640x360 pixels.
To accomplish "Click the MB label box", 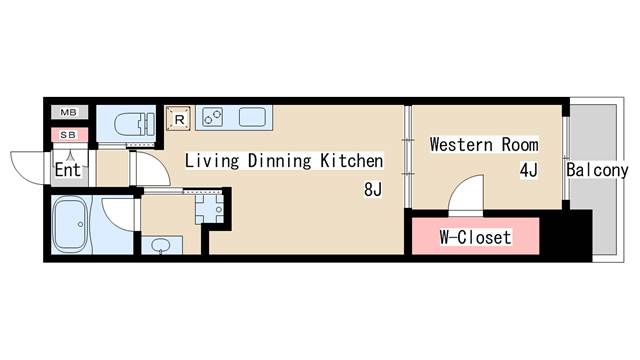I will pos(68,113).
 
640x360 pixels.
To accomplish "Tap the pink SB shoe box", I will pos(68,134).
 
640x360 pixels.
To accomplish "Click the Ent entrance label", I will pos(68,169).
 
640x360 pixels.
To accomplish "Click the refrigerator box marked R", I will pos(180,119).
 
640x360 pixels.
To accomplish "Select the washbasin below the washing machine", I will pos(161,243).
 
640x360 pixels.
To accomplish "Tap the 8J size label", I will pos(372,189).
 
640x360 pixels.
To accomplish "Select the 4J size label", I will pos(528,170).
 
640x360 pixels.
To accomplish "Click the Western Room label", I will pos(483,145).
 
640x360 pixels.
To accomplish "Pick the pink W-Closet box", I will pos(476,237).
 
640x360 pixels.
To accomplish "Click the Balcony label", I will pos(596,170).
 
